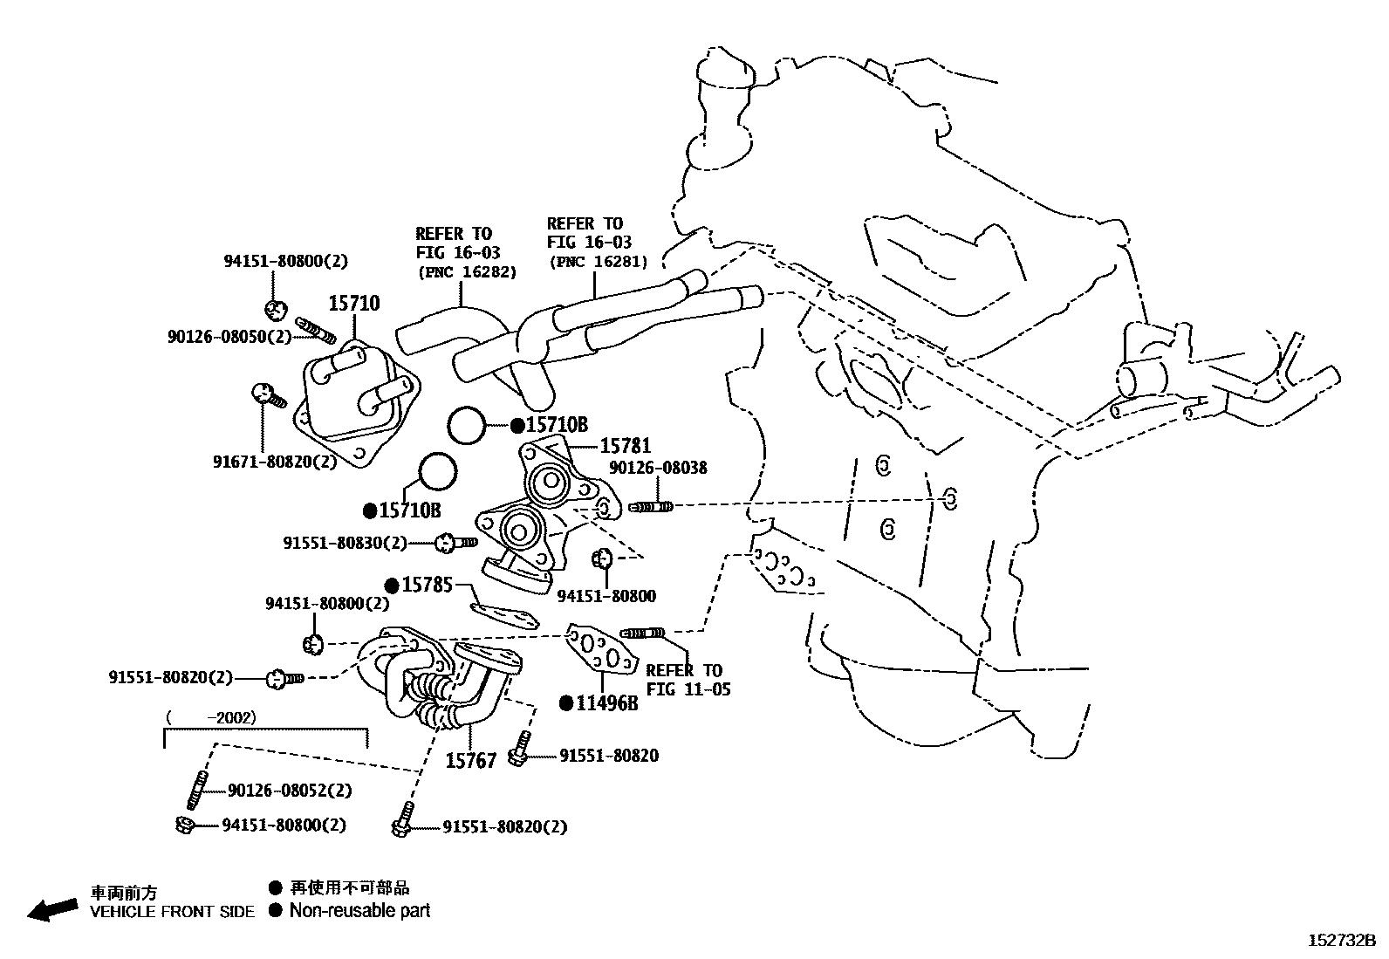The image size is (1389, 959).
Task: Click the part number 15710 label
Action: click(353, 304)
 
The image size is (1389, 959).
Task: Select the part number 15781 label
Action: click(625, 446)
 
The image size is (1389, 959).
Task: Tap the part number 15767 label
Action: click(470, 761)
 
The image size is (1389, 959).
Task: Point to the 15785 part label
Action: click(427, 584)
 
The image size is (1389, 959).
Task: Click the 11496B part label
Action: click(606, 702)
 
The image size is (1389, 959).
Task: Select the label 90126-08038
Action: click(658, 468)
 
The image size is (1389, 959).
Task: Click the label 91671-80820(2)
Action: click(274, 462)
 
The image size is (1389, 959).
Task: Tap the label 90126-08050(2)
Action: click(229, 336)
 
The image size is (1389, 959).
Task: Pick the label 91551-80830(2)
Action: click(345, 543)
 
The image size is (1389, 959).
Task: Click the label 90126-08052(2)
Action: click(290, 790)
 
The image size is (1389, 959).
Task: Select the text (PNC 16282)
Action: click(466, 272)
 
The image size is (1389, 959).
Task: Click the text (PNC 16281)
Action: click(598, 262)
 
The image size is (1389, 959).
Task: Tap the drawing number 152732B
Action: click(1341, 941)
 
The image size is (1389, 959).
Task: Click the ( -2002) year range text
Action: click(210, 717)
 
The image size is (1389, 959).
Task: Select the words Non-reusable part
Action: click(359, 911)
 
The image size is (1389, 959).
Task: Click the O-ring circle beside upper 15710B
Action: click(466, 426)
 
